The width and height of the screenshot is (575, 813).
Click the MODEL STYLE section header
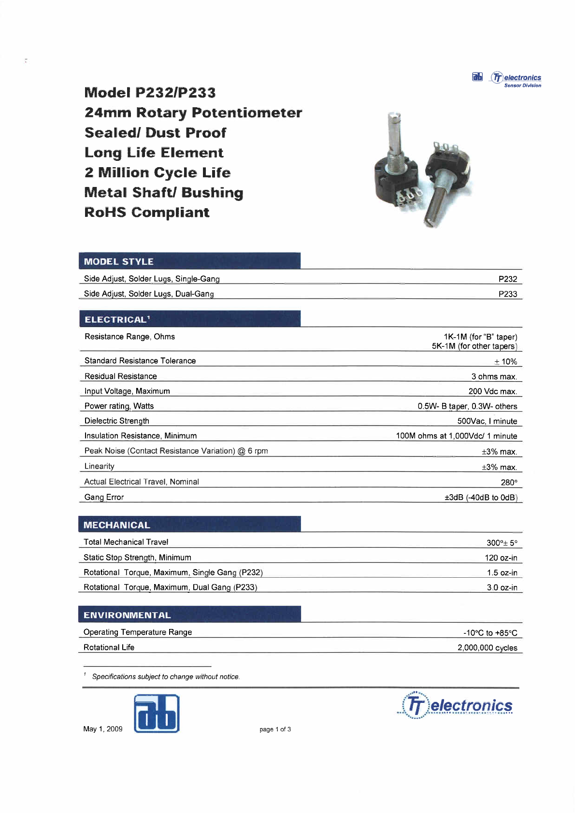tap(119, 261)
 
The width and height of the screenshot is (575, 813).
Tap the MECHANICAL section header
tap(116, 525)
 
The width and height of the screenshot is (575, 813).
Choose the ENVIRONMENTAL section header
tap(127, 615)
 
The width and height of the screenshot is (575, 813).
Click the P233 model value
tap(507, 294)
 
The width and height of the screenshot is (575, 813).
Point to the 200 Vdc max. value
tap(492, 391)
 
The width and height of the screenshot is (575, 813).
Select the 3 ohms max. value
tap(494, 376)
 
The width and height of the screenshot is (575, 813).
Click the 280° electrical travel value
tap(509, 482)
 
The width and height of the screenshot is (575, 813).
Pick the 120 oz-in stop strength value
tap(501, 557)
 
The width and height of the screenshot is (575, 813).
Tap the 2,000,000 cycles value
tap(487, 647)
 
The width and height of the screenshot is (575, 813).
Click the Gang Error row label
tap(104, 497)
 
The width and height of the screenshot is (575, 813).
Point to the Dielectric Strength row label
tap(117, 421)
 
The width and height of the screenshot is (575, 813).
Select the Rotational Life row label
tap(109, 647)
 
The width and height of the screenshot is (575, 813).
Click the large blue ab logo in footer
tap(157, 713)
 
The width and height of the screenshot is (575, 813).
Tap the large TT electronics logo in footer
tap(455, 705)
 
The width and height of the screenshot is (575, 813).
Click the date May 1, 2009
tap(103, 729)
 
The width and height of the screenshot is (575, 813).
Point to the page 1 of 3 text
tap(275, 729)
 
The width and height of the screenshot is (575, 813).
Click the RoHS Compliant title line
tap(147, 213)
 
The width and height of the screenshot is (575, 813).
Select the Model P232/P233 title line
tap(150, 92)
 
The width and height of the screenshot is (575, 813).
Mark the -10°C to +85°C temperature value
tap(490, 633)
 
